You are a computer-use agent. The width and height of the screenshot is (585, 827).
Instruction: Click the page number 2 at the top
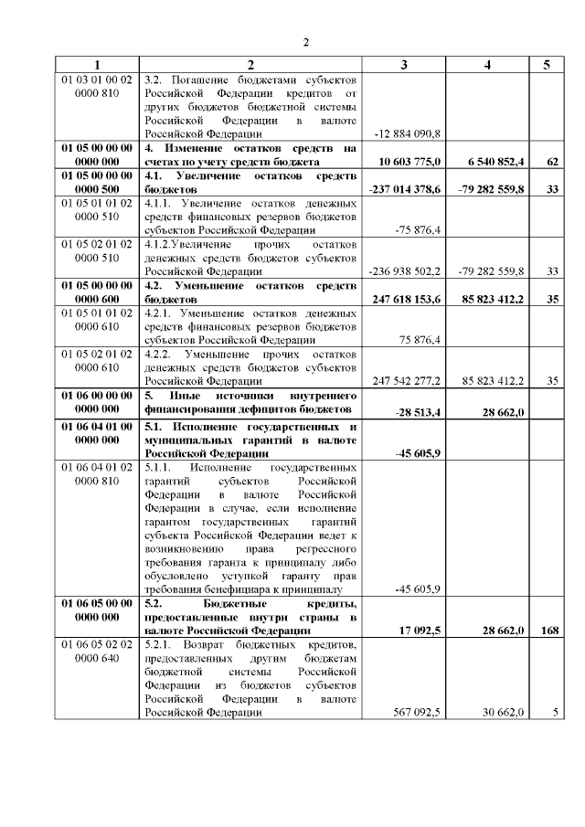click(x=307, y=41)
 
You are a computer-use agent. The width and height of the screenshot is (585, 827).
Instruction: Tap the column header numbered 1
click(x=97, y=65)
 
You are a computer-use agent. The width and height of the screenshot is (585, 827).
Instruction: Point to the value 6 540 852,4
click(x=495, y=161)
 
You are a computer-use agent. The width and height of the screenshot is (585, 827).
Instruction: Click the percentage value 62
click(x=552, y=161)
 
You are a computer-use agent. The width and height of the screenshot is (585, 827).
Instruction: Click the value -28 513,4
click(x=418, y=412)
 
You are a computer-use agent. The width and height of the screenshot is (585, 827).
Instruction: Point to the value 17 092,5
click(x=420, y=631)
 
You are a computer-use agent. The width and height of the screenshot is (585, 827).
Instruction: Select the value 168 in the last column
click(x=549, y=631)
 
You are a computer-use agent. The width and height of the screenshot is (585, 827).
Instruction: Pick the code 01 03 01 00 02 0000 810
click(x=97, y=86)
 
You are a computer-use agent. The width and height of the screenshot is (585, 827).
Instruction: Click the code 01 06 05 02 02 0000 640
click(x=97, y=652)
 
